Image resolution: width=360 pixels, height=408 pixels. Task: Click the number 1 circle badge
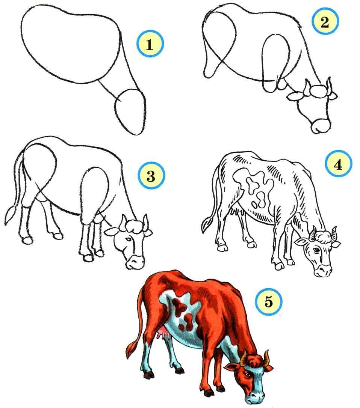point(150,44)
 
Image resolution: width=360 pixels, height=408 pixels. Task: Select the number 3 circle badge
point(151,176)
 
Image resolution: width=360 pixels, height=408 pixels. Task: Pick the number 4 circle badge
point(338,164)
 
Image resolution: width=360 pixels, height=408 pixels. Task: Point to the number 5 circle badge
point(269,302)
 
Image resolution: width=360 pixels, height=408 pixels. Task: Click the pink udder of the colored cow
point(164,334)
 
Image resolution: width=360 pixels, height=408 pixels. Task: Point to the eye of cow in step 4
point(316,250)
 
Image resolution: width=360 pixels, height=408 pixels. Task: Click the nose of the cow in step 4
point(324,271)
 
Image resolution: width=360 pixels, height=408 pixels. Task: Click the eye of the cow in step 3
point(128,239)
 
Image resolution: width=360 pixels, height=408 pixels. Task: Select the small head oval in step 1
point(130,111)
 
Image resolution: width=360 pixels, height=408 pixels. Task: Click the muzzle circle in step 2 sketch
point(321,126)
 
